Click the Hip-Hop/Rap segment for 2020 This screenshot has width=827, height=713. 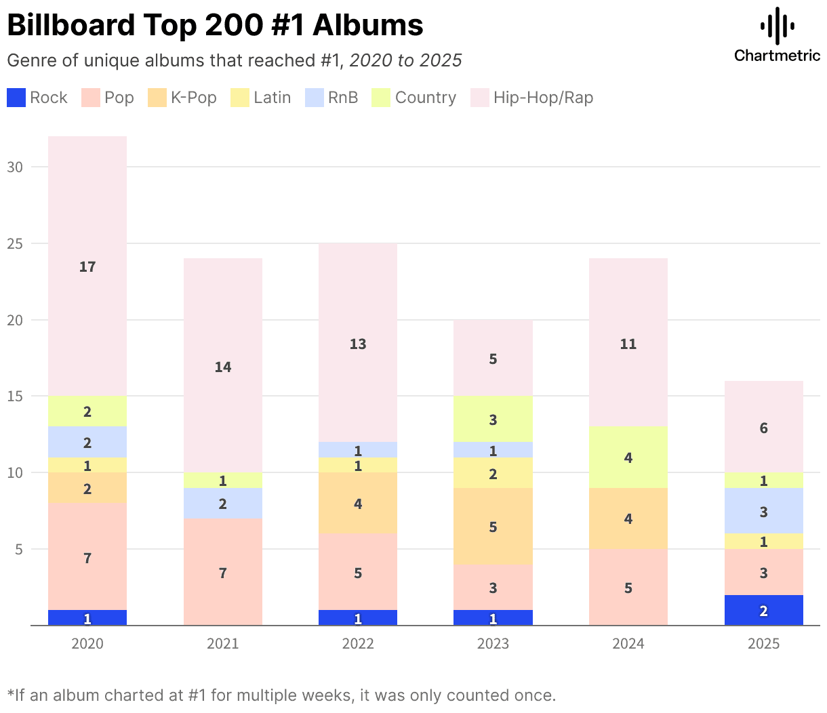coord(87,266)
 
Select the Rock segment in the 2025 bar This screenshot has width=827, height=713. coord(764,610)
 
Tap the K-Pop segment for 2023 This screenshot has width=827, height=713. coord(493,527)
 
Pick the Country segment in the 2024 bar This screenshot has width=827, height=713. coord(628,457)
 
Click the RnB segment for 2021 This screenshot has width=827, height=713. coord(223,504)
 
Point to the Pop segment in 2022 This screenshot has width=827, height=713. coord(358,572)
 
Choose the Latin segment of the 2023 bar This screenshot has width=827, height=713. coord(493,473)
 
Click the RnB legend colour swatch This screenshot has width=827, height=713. coord(315,98)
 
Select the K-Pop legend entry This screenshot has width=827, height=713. coord(194,98)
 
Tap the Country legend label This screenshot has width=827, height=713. coord(425,98)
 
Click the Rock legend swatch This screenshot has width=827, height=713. coord(16,98)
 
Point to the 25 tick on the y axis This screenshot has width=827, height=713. coord(15,243)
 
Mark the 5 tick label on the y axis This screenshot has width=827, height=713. coord(19,549)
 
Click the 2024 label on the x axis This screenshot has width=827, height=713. coord(628,643)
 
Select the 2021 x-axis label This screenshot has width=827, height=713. coord(223,643)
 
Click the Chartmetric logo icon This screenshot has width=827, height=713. coord(777,26)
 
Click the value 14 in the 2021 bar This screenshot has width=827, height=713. coord(223,367)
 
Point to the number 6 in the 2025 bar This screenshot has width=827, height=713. coord(764,428)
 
